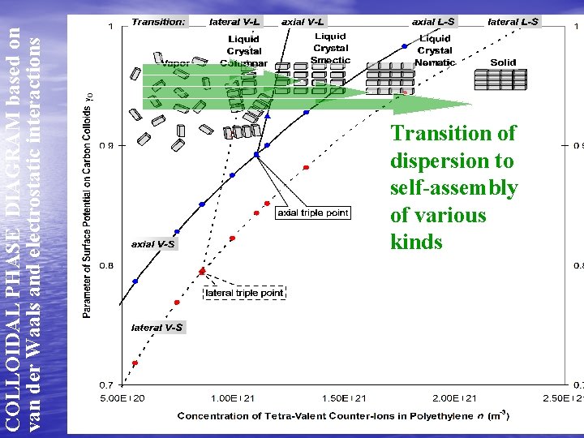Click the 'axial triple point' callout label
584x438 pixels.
tap(313, 213)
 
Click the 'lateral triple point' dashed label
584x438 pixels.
tap(243, 292)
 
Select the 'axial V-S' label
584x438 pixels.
tap(153, 243)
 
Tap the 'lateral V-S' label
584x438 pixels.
tap(157, 328)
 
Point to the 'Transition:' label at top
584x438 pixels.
tap(158, 22)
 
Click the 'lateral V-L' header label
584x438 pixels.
tap(234, 22)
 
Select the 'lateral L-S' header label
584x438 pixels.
tap(513, 22)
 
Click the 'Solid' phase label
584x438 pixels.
tap(503, 62)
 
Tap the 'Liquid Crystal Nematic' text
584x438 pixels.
tap(435, 50)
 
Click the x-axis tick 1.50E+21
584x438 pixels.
tap(344, 399)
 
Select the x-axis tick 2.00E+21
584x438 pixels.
tap(455, 399)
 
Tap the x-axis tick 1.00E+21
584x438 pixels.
tap(234, 399)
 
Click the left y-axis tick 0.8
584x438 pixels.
tap(106, 265)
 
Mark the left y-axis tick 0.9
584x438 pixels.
tap(106, 146)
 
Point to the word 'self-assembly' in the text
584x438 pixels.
tap(453, 188)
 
